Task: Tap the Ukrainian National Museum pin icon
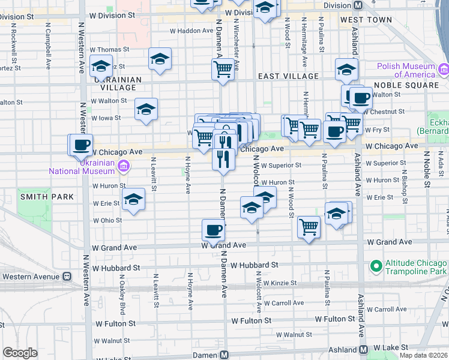(123, 166)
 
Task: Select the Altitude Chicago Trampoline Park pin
(376, 265)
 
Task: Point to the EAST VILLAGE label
(288, 77)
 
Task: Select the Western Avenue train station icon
(67, 277)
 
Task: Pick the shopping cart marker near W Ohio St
(309, 227)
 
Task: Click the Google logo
(20, 353)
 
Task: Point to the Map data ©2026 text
(423, 355)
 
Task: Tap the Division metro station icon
(358, 5)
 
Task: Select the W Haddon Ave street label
(191, 30)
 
